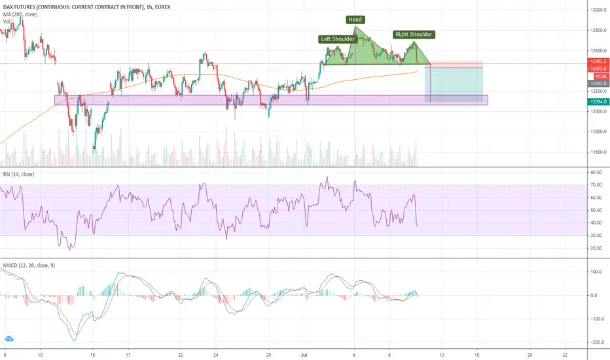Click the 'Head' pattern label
click(x=355, y=20)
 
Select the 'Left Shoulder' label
click(x=337, y=39)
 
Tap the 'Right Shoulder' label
click(x=414, y=34)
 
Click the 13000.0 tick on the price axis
click(x=599, y=10)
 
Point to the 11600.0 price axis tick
click(x=599, y=152)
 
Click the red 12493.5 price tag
click(x=599, y=62)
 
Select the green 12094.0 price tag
click(x=599, y=102)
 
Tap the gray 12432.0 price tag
click(x=599, y=84)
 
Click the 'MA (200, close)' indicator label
click(x=20, y=14)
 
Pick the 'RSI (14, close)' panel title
click(x=18, y=174)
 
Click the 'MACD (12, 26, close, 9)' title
click(x=29, y=266)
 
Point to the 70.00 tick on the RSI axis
click(x=596, y=185)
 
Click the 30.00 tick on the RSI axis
click(x=596, y=236)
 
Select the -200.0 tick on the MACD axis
click(x=598, y=342)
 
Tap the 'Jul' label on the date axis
click(x=304, y=355)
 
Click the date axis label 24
click(x=216, y=355)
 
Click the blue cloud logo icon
click(x=9, y=339)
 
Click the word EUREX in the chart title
click(x=162, y=7)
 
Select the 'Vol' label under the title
click(x=7, y=22)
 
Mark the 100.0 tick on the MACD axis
click(x=598, y=272)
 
